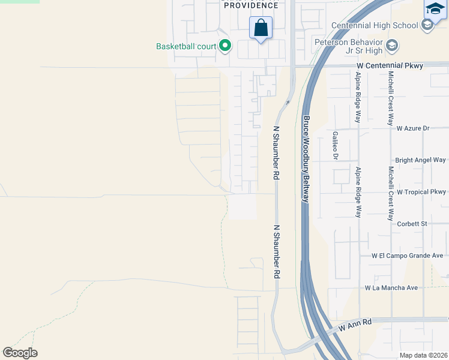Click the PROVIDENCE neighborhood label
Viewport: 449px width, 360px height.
251,5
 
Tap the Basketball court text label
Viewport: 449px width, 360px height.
186,46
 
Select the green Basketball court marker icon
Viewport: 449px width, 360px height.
225,46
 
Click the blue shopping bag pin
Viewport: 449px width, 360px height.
261,28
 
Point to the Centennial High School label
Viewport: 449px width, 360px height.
375,25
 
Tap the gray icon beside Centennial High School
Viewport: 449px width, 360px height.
427,25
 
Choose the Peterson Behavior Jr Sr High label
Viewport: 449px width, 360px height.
349,47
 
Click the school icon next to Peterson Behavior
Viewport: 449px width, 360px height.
392,45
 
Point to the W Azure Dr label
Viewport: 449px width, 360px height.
413,128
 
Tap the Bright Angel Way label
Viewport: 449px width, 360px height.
420,160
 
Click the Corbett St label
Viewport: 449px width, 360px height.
412,224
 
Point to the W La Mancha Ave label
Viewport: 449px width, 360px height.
391,288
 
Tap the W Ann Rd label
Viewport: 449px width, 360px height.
355,326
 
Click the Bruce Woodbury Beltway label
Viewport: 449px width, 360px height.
306,158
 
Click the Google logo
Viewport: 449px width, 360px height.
20,353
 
